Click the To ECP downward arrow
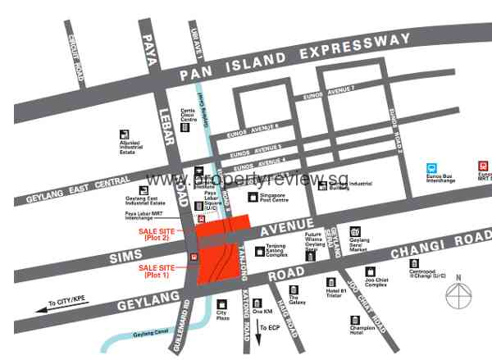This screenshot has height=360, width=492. [253, 328]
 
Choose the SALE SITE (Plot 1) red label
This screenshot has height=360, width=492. [157, 271]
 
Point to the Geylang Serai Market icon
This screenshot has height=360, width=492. [355, 232]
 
